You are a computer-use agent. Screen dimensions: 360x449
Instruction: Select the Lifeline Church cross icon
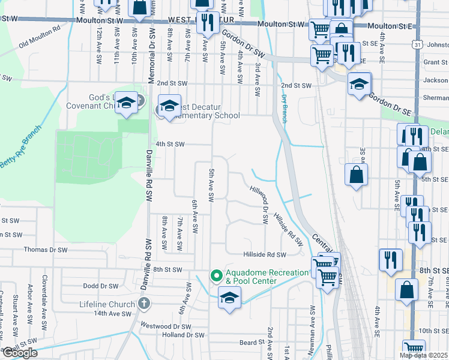pos(143,304)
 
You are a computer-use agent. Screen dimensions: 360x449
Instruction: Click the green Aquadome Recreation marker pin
pos(215,275)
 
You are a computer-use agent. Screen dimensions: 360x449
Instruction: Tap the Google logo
pos(19,353)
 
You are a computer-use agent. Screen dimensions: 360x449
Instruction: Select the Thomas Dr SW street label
pos(46,250)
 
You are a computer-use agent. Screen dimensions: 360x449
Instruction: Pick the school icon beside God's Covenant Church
pos(127,103)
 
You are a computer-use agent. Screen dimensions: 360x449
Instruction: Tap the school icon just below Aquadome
pos(229,297)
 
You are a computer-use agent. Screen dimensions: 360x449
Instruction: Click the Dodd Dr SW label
pos(100,286)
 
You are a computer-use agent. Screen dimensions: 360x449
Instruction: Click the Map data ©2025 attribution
pos(424,355)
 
